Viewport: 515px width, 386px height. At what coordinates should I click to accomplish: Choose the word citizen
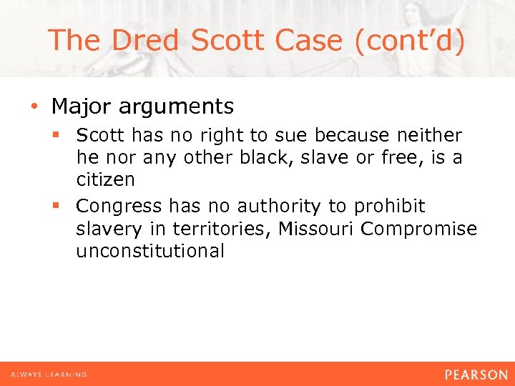click(106, 179)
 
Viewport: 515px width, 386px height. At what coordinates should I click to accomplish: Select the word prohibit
click(389, 207)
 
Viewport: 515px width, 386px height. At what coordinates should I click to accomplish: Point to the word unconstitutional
click(150, 251)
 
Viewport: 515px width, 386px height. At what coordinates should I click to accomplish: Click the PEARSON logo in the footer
click(476, 375)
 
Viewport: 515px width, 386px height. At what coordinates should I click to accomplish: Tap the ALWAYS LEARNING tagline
click(49, 375)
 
